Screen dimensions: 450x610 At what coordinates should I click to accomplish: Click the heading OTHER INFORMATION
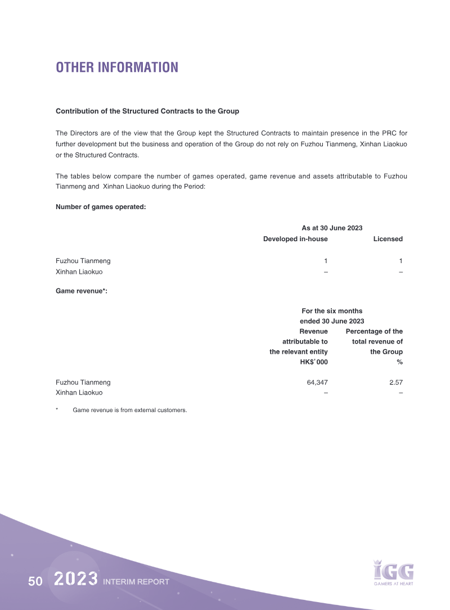(x=116, y=67)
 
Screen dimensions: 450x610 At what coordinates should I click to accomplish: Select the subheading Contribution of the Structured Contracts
(x=147, y=111)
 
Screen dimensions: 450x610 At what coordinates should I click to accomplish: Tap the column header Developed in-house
(x=295, y=239)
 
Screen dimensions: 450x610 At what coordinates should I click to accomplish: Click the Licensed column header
(x=388, y=239)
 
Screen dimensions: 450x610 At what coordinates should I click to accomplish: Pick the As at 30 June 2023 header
(x=332, y=228)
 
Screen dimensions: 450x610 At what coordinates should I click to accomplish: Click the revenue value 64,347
(x=315, y=382)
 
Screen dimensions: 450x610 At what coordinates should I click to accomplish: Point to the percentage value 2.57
(x=395, y=382)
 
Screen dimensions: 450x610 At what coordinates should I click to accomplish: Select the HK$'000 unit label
(x=314, y=362)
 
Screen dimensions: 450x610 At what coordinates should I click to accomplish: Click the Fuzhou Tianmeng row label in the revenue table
(x=83, y=382)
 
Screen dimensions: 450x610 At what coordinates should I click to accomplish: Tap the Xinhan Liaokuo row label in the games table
(x=79, y=272)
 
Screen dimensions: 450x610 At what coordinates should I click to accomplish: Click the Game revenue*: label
(x=81, y=291)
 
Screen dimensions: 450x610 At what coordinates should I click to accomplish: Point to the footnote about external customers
(x=129, y=410)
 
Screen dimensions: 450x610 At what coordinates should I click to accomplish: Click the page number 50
(x=35, y=581)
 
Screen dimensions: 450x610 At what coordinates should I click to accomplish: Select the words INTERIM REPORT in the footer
(x=136, y=582)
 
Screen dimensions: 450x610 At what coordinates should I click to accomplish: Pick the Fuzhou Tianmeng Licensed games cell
(x=400, y=261)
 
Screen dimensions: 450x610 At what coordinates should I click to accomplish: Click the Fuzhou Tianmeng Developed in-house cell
(x=326, y=261)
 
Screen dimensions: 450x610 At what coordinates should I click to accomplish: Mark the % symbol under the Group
(x=399, y=362)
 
